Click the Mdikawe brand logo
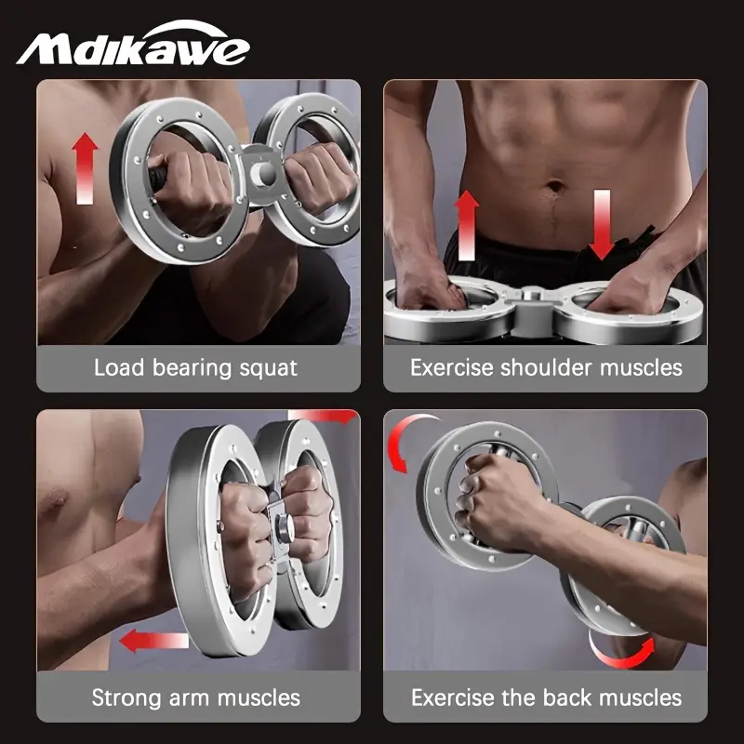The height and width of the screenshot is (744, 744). pyautogui.click(x=133, y=46)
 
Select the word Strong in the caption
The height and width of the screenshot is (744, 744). pyautogui.click(x=126, y=697)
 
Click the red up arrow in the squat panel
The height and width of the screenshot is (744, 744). pyautogui.click(x=85, y=167)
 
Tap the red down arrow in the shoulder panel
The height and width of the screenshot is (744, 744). pyautogui.click(x=602, y=223)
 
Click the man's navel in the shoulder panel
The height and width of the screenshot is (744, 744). pyautogui.click(x=555, y=185)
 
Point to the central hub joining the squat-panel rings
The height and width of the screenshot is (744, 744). pyautogui.click(x=263, y=172)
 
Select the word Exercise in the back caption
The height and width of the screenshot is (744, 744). pyautogui.click(x=453, y=697)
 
